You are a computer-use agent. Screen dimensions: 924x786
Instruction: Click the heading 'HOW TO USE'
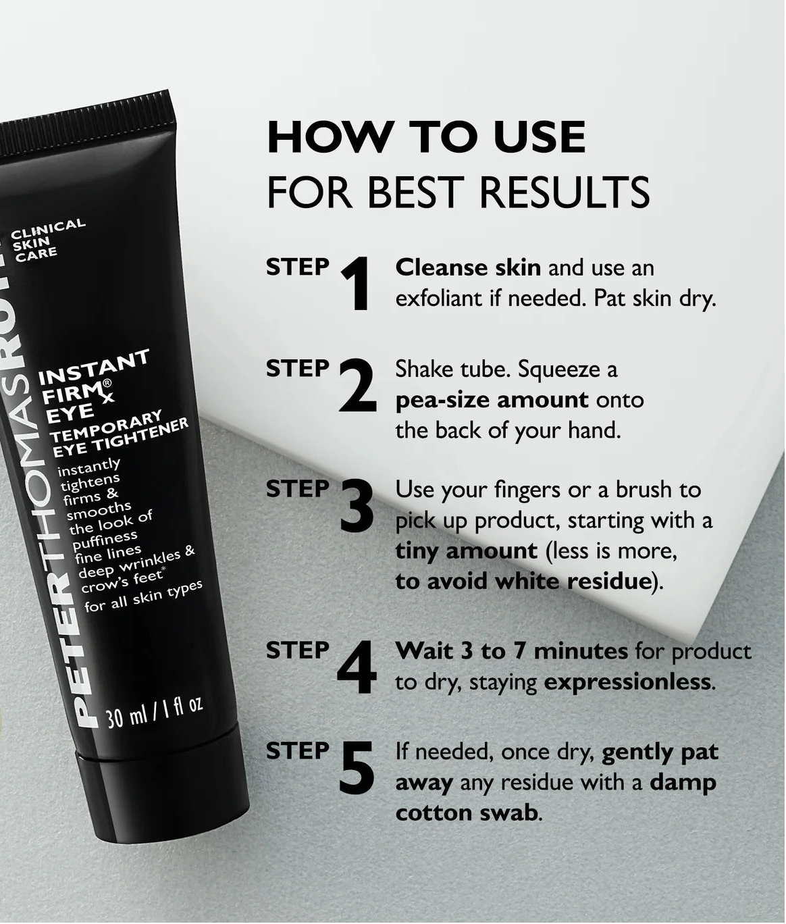(426, 137)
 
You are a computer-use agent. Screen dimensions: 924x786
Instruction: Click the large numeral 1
(356, 284)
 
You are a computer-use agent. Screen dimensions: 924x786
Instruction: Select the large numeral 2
(357, 385)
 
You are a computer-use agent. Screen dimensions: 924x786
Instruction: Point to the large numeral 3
(357, 505)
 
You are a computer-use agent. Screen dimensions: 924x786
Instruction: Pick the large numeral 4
(356, 667)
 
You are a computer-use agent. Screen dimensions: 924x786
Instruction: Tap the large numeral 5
(356, 768)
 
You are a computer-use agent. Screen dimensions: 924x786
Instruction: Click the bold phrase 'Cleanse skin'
(468, 267)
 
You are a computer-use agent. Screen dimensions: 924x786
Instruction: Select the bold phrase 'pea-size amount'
(492, 400)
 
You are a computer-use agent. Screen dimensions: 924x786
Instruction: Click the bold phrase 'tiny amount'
(466, 550)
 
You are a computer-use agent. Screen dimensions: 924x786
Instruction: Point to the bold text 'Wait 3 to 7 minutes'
(511, 651)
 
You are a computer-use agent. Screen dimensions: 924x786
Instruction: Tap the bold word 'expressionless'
(627, 682)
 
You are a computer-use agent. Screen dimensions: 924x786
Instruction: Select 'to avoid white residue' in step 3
(522, 582)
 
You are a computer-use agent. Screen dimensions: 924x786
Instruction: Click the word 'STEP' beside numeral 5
(297, 751)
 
